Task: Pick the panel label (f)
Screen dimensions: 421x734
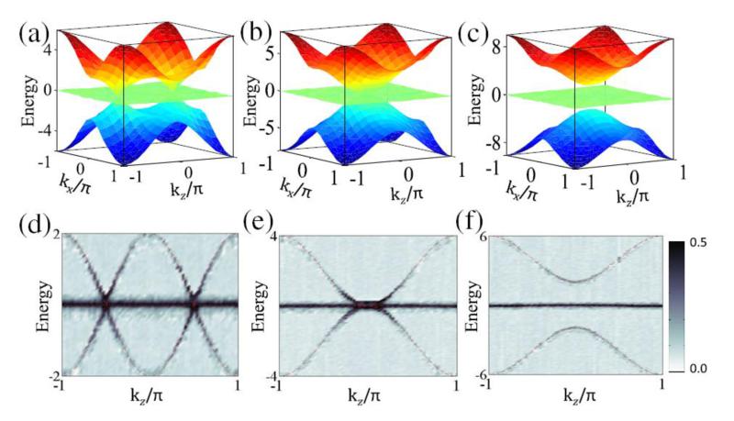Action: [x=481, y=241]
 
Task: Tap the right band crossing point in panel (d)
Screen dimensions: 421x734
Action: [x=195, y=303]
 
